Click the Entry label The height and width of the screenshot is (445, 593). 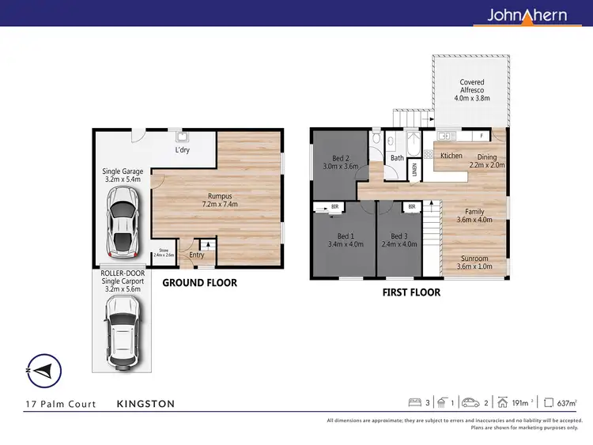click(196, 255)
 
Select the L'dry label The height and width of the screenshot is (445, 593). click(182, 150)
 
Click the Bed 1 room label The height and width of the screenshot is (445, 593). click(346, 236)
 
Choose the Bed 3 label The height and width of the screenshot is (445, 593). click(398, 236)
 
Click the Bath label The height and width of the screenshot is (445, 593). click(397, 158)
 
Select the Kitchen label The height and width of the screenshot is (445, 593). click(451, 156)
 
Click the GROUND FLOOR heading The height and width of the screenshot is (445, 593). click(199, 282)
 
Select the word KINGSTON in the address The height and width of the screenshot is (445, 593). click(145, 404)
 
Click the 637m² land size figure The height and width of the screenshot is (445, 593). click(565, 404)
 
